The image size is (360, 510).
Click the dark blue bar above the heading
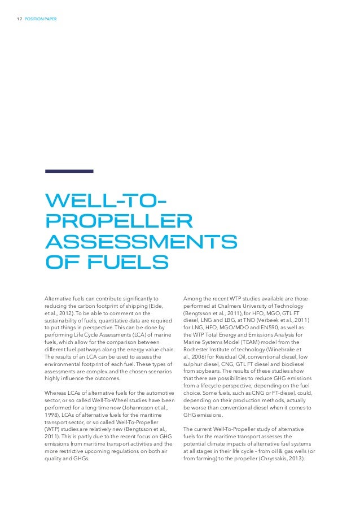point(69,171)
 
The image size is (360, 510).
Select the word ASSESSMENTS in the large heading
point(141,242)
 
